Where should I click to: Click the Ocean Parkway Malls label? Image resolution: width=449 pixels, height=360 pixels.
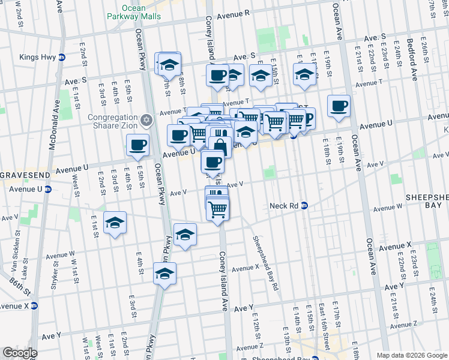click(141, 12)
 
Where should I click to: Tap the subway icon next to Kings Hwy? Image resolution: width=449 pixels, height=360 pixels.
click(62, 58)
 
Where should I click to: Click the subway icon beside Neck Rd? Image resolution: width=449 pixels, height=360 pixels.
click(304, 205)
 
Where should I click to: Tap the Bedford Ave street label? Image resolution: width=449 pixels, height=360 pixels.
click(412, 60)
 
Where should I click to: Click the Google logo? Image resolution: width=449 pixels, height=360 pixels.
click(20, 353)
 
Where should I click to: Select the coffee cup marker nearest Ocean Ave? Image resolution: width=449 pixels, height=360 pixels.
click(339, 106)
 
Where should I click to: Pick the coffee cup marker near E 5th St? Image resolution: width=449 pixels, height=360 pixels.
click(137, 145)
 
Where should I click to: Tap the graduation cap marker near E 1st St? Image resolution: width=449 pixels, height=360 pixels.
click(115, 223)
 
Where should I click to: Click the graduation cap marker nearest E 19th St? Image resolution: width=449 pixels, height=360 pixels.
click(304, 74)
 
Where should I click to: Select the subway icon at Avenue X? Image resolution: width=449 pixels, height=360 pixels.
click(34, 305)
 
